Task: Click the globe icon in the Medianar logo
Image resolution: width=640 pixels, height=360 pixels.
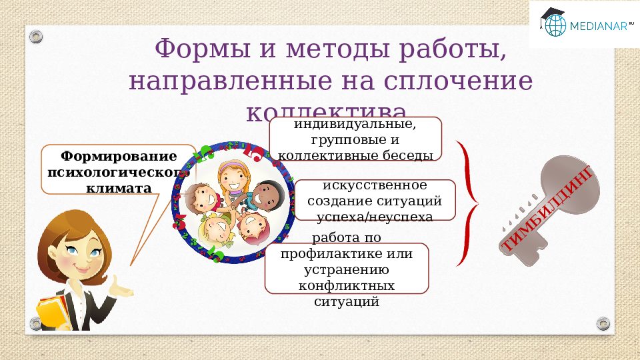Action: (x=554, y=25)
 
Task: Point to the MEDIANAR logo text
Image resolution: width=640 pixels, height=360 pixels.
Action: (x=597, y=27)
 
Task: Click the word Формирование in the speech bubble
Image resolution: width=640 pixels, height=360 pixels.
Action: (x=119, y=157)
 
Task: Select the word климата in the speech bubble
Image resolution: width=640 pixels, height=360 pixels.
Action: (x=119, y=189)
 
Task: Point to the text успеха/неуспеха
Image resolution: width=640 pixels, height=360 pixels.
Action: (x=375, y=217)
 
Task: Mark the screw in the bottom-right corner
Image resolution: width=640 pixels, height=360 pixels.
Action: (x=603, y=323)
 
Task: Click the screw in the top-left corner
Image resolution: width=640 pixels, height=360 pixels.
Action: (x=38, y=35)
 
